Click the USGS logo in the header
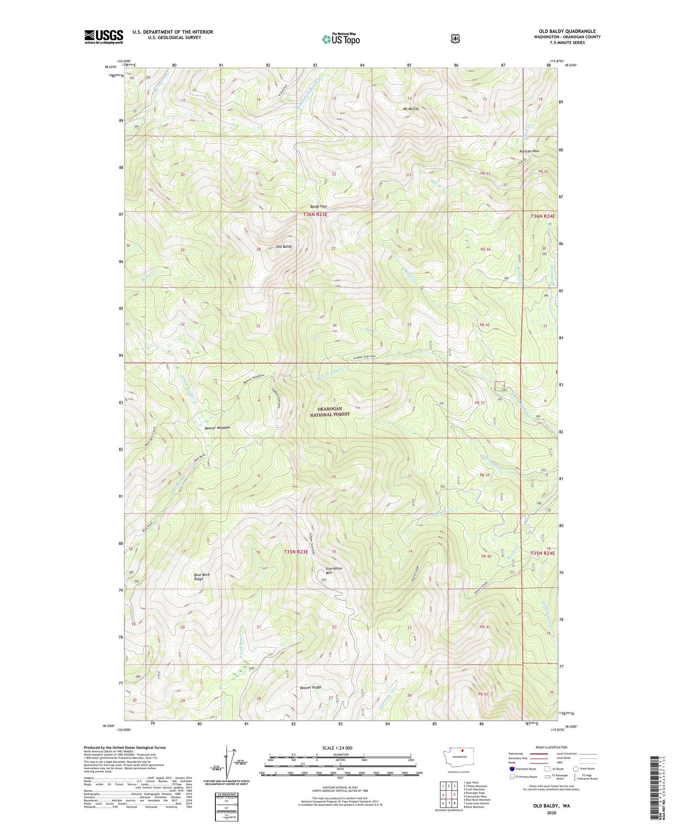point(104,37)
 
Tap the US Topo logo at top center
point(341,39)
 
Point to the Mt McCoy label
point(411,109)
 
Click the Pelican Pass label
point(529,151)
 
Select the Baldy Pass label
point(319,207)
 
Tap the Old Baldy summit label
point(284,247)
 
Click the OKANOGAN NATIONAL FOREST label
point(330,412)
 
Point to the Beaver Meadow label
point(217,428)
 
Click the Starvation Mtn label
point(333,570)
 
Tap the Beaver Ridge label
point(310,687)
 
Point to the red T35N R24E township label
point(542,553)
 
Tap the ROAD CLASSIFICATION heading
point(552,747)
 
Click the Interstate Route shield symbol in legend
point(512,769)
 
